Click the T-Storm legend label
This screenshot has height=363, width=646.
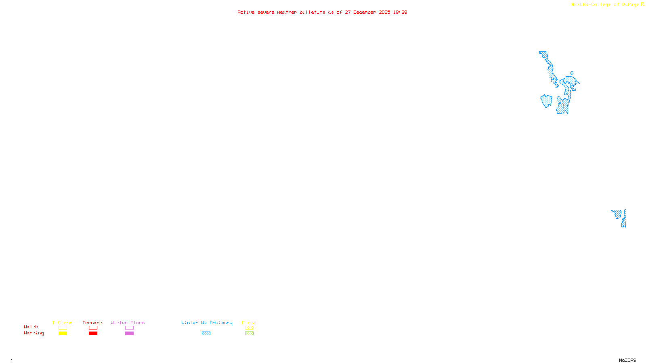click(62, 323)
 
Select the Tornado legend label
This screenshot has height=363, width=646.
click(92, 323)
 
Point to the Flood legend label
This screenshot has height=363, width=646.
click(249, 323)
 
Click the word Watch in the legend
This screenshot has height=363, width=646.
click(31, 327)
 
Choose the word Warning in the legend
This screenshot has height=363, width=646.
click(34, 333)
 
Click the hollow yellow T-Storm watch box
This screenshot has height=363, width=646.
click(63, 328)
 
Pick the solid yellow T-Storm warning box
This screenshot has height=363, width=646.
click(63, 334)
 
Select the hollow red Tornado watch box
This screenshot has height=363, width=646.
click(93, 328)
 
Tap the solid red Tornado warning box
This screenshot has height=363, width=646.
click(93, 334)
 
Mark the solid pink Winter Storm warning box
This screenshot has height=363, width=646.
click(129, 334)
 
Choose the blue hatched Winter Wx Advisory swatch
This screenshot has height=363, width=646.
click(206, 334)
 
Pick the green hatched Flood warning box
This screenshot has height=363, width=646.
click(249, 334)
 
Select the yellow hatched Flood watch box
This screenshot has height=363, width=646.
click(249, 328)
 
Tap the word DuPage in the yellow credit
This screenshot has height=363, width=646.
click(630, 4)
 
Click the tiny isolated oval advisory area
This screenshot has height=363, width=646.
click(572, 73)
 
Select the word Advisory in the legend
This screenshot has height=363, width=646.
click(221, 323)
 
